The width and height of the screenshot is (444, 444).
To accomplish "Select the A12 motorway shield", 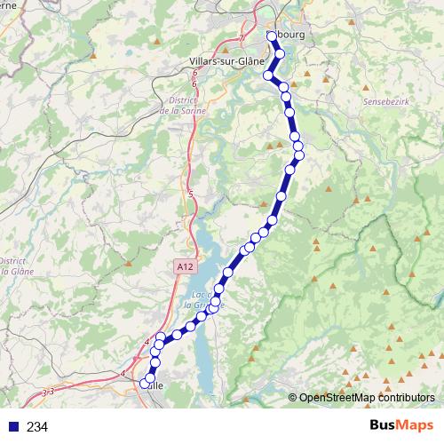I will click(x=184, y=265).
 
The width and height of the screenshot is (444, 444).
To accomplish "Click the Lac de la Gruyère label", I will click(x=207, y=299).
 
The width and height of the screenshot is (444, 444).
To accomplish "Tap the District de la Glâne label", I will click(x=12, y=266).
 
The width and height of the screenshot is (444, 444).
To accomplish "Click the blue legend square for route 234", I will click(x=13, y=426).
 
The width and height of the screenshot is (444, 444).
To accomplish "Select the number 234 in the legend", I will click(x=38, y=426).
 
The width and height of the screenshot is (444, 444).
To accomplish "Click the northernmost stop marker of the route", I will click(x=271, y=36).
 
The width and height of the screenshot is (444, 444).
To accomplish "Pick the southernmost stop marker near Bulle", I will click(x=145, y=385).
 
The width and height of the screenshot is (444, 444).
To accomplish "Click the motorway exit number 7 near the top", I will click(x=240, y=38).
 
